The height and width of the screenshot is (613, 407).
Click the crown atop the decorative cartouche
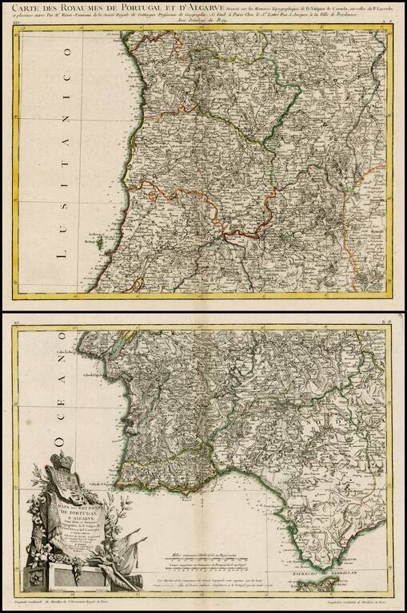click(62, 461)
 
